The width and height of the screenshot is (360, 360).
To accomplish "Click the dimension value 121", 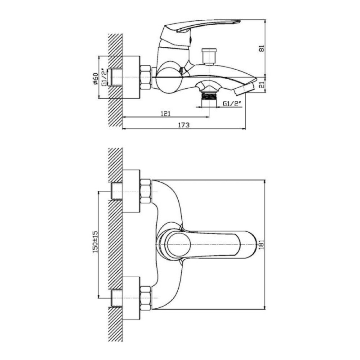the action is click(x=166, y=113).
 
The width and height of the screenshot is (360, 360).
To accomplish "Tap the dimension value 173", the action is click(x=184, y=125).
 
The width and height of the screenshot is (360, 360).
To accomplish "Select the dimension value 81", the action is click(x=262, y=49).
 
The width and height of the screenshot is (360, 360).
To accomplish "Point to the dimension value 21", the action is click(x=262, y=85).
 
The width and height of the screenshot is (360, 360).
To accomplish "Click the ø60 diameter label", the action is click(x=95, y=78).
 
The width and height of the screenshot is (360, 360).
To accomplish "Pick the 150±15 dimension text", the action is click(x=95, y=242).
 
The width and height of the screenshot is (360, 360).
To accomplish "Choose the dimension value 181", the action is click(x=262, y=244).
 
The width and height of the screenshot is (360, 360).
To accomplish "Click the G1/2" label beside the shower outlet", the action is click(x=232, y=104).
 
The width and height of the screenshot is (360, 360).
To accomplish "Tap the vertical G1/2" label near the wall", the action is click(x=104, y=77).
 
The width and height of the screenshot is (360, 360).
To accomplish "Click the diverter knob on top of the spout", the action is click(x=209, y=55).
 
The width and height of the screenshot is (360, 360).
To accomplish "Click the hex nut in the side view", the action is click(x=145, y=77).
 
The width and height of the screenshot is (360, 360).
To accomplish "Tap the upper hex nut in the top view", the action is click(x=145, y=191).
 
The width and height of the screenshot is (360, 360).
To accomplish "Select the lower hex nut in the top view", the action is click(x=145, y=298).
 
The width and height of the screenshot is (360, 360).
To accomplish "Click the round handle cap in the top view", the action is click(x=179, y=244).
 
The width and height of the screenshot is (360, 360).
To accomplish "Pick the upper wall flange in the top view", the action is click(x=131, y=191).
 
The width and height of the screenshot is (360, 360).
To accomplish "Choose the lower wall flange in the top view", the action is click(x=131, y=298).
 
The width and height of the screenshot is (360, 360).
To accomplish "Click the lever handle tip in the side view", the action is click(x=237, y=22).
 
